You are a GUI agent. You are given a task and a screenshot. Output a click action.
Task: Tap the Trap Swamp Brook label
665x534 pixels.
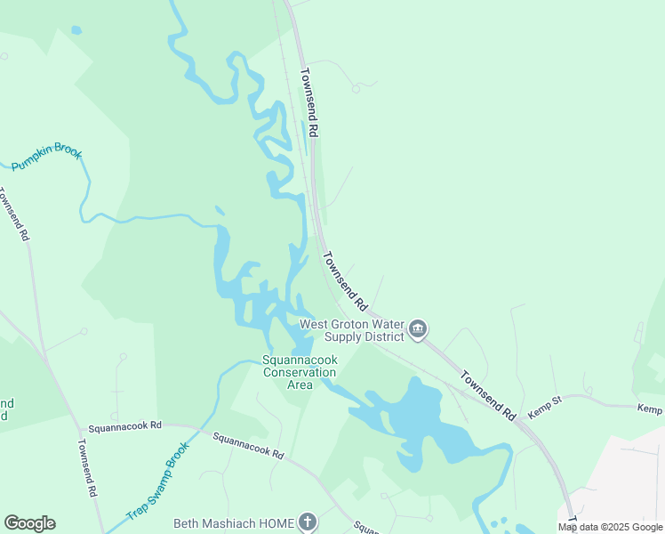pos(158,481)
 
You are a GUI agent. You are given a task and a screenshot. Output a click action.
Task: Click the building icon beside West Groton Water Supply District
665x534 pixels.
pos(417,330)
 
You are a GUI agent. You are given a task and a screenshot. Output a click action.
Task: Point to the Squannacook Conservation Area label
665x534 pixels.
pos(300,372)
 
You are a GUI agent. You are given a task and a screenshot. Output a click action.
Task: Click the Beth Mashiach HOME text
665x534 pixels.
pos(233,523)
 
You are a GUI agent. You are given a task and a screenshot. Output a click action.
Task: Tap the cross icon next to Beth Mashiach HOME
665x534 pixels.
pos(307,522)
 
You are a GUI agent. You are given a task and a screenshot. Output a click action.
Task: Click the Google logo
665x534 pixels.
pos(29,523)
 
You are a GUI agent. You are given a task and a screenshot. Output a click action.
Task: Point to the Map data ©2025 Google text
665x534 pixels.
pos(610,527)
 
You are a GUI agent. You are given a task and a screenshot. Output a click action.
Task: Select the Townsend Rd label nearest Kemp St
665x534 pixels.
pos(488,396)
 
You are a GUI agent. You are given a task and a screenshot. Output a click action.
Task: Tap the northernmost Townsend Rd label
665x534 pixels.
pos(308,102)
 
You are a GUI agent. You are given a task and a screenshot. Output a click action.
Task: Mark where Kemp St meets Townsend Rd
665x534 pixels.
pos(524,421)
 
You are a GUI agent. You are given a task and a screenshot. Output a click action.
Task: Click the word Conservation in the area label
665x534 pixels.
pos(300,372)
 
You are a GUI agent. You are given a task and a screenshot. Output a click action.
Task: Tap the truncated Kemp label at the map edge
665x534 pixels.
pos(650,409)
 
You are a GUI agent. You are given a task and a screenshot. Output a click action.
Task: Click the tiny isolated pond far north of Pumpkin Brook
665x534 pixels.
pos(76,30)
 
